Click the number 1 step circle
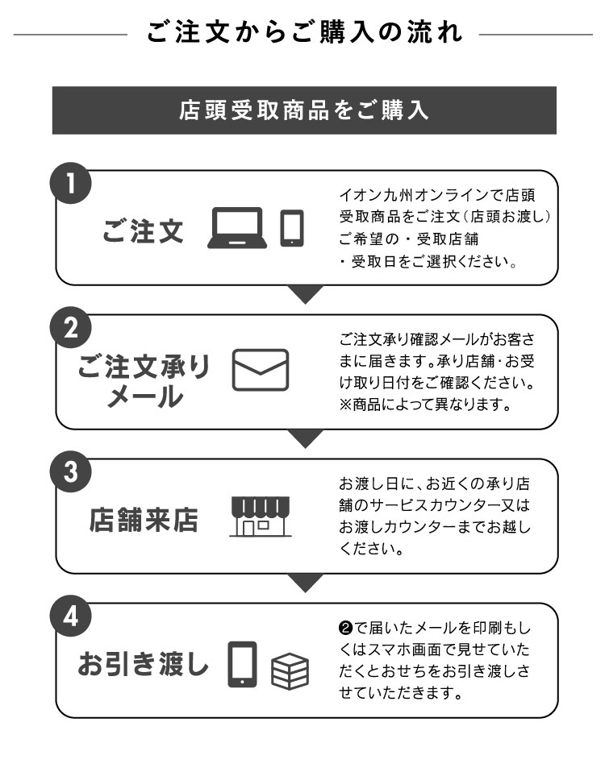71,183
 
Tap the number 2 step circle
71,327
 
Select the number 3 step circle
71,471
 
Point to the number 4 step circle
71,616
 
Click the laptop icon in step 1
237,228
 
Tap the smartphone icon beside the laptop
292,228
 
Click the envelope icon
260,370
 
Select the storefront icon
260,516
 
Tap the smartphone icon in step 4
242,664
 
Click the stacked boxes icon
290,671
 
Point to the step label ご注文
143,231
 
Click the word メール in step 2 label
145,396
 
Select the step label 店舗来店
144,520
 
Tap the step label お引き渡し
143,664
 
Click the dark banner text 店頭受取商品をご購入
304,110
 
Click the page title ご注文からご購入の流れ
304,31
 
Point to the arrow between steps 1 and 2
305,294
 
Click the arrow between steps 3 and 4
305,583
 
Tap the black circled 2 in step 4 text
345,629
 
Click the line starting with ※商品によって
425,405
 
